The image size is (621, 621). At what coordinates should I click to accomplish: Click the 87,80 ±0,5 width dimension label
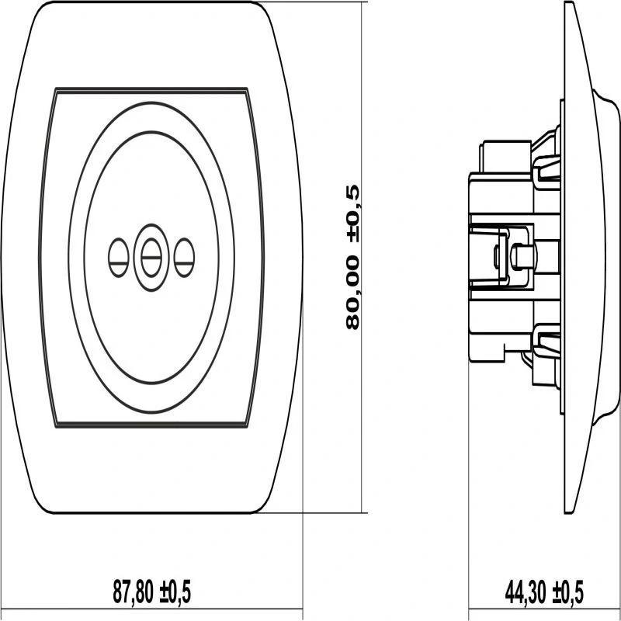151,592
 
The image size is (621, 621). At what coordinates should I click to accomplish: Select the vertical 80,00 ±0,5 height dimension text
352,257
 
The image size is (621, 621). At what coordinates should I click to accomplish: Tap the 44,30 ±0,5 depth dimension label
544,592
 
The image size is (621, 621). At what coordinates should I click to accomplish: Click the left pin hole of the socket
119,258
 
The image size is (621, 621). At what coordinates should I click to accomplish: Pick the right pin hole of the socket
184,258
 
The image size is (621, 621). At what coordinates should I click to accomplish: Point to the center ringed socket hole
151,258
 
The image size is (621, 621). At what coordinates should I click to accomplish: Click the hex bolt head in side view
522,256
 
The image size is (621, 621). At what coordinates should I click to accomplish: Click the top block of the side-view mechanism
505,157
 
